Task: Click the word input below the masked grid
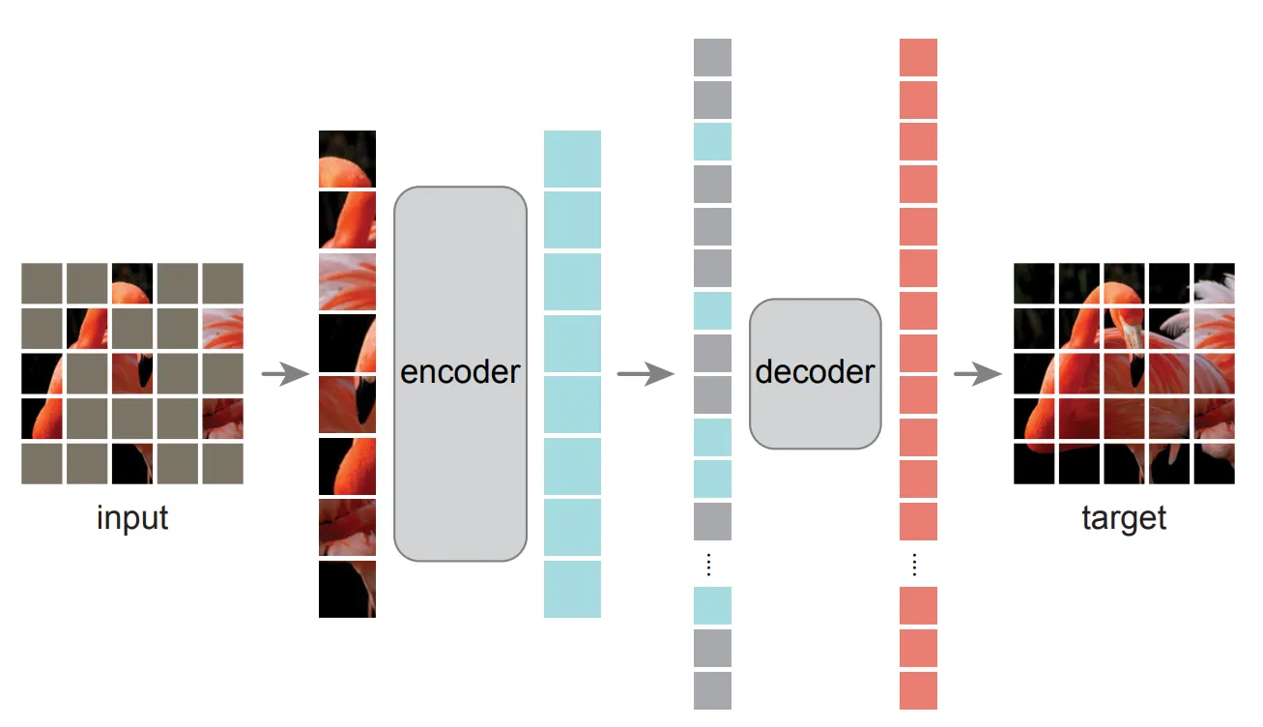pos(132,518)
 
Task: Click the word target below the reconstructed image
pos(1124,518)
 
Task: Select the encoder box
pos(460,373)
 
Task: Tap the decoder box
pos(815,373)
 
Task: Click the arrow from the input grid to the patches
pos(284,374)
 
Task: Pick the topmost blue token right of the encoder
pos(572,159)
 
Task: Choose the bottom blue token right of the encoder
pos(572,589)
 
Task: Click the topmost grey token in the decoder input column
pos(712,57)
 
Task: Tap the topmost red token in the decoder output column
pos(918,57)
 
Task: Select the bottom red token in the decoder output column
pos(918,690)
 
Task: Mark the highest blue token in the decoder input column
pos(712,141)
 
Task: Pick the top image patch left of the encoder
pos(347,159)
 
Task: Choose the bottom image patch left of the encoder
pos(347,589)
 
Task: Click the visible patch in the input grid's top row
pos(132,283)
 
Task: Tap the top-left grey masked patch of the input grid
pos(42,283)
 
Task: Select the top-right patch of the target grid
pos(1214,283)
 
